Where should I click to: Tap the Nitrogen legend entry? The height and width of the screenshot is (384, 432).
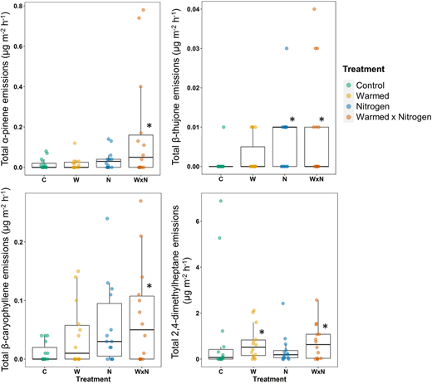376,106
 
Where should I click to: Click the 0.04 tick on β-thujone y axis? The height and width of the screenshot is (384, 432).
204,9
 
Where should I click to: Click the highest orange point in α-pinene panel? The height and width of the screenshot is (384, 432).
142,10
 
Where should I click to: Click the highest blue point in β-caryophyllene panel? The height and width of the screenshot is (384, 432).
106,219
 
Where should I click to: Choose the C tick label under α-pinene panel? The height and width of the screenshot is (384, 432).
37,177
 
